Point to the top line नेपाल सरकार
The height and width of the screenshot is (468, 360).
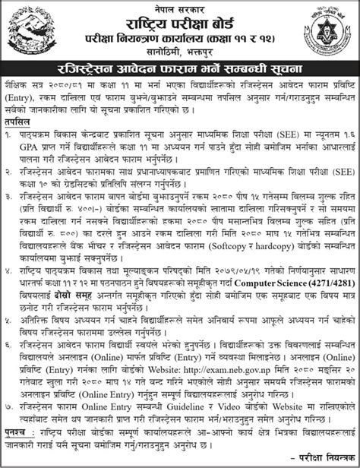[179, 7]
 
